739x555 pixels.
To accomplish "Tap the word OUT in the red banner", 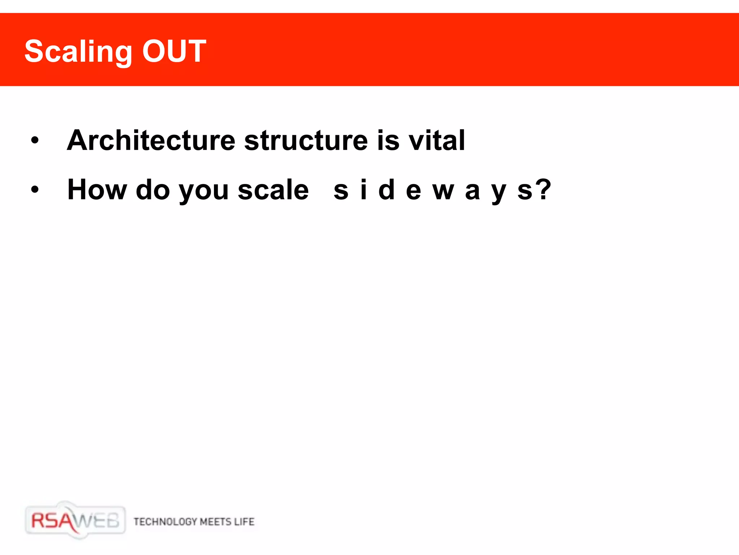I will [x=174, y=51].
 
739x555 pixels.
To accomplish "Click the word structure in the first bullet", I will [x=306, y=140].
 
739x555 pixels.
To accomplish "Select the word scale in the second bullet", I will [x=273, y=190].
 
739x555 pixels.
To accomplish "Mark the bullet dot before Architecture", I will [x=35, y=140].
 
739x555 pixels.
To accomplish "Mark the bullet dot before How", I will [x=35, y=189].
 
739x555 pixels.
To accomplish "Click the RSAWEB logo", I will [x=75, y=521].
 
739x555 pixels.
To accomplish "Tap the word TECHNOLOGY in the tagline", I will [x=165, y=522].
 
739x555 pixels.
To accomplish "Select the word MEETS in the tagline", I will [x=215, y=522].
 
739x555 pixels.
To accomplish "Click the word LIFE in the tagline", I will [x=244, y=522].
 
